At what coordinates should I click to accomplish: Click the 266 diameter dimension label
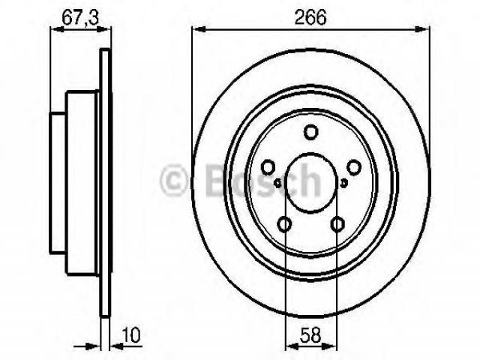pos(310,17)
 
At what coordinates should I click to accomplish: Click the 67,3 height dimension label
pos(80,18)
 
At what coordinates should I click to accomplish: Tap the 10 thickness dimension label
pos(130,335)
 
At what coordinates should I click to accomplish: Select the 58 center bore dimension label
pos(310,335)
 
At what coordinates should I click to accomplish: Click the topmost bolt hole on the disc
pos(310,132)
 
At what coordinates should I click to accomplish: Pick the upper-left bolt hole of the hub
pos(268,167)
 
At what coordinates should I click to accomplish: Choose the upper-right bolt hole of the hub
pos(353,167)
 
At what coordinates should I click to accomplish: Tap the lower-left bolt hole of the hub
pos(284,224)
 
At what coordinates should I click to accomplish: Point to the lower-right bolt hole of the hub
pos(337,224)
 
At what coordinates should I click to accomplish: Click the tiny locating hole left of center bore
pos(278,183)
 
